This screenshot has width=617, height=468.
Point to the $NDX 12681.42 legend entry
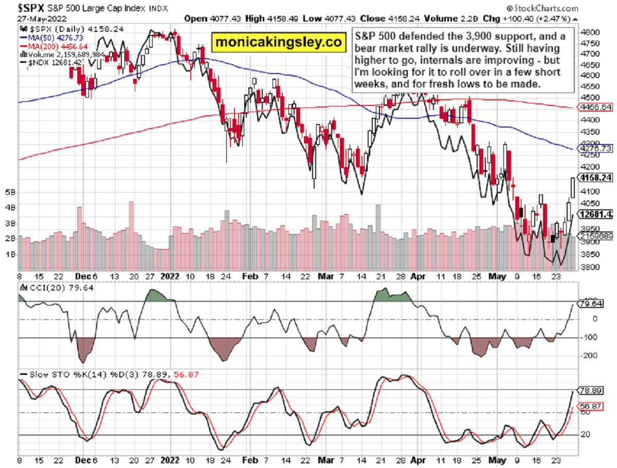[48, 62]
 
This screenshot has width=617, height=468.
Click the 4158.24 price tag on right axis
[596, 178]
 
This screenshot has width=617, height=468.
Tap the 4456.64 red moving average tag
[596, 107]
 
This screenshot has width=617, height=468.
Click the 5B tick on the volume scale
[9, 192]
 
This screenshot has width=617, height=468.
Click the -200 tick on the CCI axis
[588, 355]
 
